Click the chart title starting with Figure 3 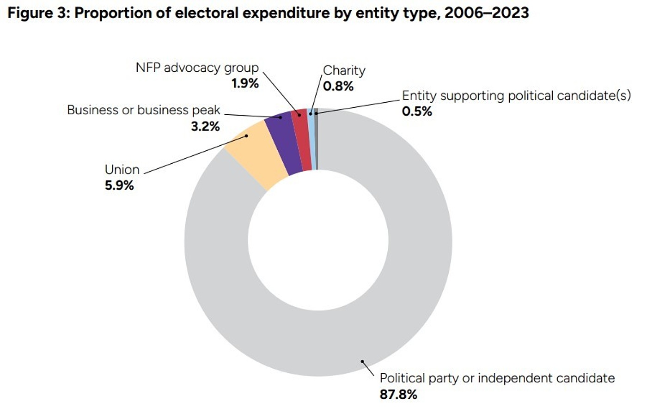(x=268, y=13)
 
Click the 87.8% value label (x=398, y=394)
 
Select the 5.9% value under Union (x=119, y=185)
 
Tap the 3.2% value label (x=205, y=126)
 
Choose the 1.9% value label (x=244, y=84)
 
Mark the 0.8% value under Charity (x=338, y=86)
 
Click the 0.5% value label (x=417, y=111)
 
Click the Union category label (x=122, y=169)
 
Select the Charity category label (x=344, y=70)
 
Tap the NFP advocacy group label (x=197, y=68)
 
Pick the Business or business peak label (x=144, y=110)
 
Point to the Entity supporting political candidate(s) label (x=516, y=96)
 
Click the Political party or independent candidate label (x=497, y=378)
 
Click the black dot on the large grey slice (x=363, y=362)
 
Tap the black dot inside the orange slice (x=247, y=136)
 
